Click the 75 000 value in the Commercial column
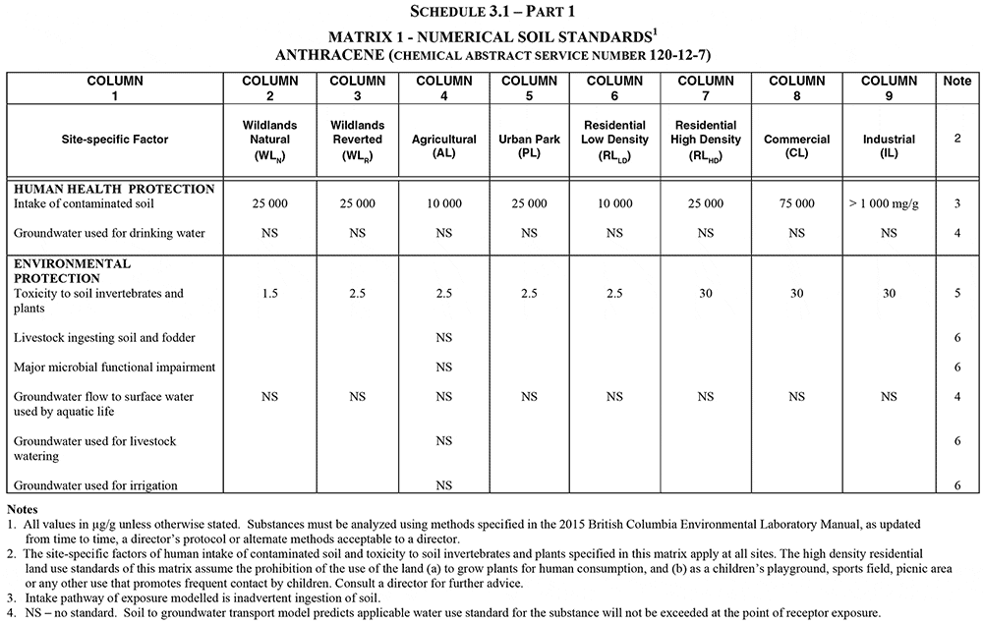tap(796, 203)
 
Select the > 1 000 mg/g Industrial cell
tap(889, 203)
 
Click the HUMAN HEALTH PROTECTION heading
tap(114, 189)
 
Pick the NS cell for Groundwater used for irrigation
tap(443, 485)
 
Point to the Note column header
tap(956, 82)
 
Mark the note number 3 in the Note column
tap(956, 203)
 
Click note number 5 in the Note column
tap(956, 294)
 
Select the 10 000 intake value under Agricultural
tap(443, 203)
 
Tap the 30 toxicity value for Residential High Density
tap(706, 294)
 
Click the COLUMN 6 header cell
tap(614, 88)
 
